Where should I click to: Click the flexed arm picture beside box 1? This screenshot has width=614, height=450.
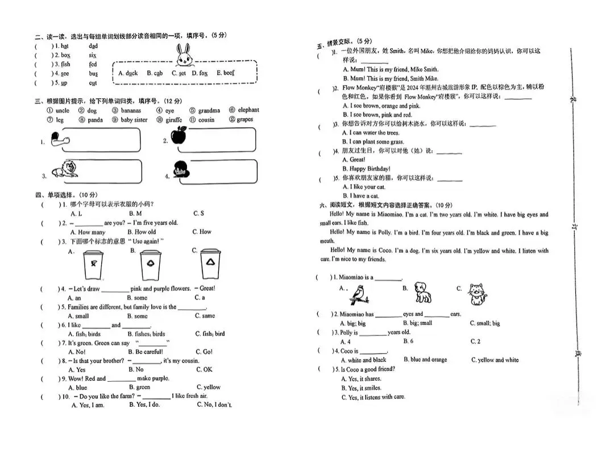click(x=57, y=139)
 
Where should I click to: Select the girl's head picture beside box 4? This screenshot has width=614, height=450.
click(x=181, y=170)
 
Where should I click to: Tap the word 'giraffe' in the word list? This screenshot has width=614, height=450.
click(x=173, y=120)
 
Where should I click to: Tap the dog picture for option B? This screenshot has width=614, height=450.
click(x=421, y=292)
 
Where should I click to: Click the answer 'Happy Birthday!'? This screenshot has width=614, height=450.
click(x=370, y=169)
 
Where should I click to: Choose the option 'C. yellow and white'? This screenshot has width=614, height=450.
click(x=495, y=360)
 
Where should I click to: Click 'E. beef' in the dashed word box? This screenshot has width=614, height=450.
click(x=225, y=73)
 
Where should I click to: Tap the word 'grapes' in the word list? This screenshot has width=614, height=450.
click(x=244, y=120)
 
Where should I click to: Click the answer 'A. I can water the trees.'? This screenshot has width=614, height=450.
click(x=371, y=133)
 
